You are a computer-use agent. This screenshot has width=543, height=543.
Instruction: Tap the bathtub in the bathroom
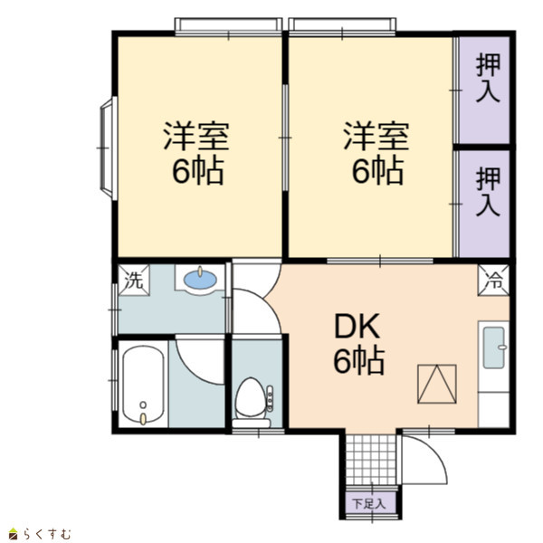[x=143, y=385]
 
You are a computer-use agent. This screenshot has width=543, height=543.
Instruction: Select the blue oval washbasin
[x=200, y=280]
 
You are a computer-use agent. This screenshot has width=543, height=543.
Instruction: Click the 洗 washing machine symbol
[x=134, y=281]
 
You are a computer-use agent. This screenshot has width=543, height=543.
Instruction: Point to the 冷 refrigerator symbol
[x=493, y=281]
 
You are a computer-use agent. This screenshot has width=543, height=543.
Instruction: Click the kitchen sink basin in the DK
[x=494, y=348]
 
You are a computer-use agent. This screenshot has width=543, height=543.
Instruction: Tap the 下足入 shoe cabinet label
[x=369, y=503]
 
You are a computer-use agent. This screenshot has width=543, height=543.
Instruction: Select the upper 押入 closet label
[x=489, y=78]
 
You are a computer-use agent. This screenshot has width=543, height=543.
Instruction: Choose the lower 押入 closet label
[x=489, y=192]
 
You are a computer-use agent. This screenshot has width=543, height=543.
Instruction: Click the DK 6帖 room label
[x=358, y=344]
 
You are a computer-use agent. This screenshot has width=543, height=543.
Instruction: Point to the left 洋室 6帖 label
[x=196, y=153]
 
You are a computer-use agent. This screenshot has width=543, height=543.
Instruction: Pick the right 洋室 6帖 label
[x=376, y=153]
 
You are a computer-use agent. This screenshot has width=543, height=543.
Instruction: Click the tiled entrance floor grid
[x=371, y=460]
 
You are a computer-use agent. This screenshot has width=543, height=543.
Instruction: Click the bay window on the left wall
[x=109, y=148]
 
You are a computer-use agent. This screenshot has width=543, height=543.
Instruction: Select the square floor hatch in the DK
[x=437, y=384]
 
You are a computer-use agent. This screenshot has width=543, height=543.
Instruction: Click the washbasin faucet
[x=200, y=271]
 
